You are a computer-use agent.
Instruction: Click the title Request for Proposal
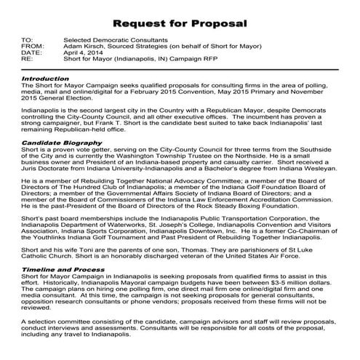180,24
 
